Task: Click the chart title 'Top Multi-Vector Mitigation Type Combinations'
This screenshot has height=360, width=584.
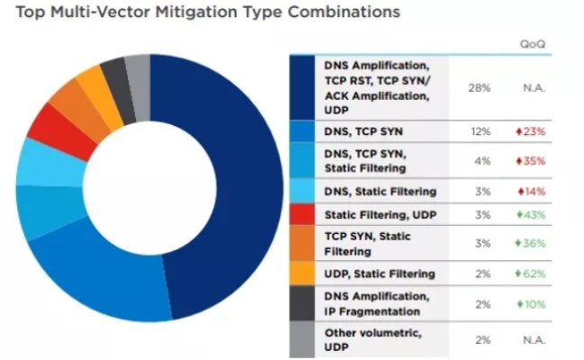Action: (202, 13)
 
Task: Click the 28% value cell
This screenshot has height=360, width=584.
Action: (479, 88)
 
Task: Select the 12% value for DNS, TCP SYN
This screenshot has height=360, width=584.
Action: (479, 131)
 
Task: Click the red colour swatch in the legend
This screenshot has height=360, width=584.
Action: (301, 215)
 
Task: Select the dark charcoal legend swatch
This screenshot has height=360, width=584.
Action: (301, 303)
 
